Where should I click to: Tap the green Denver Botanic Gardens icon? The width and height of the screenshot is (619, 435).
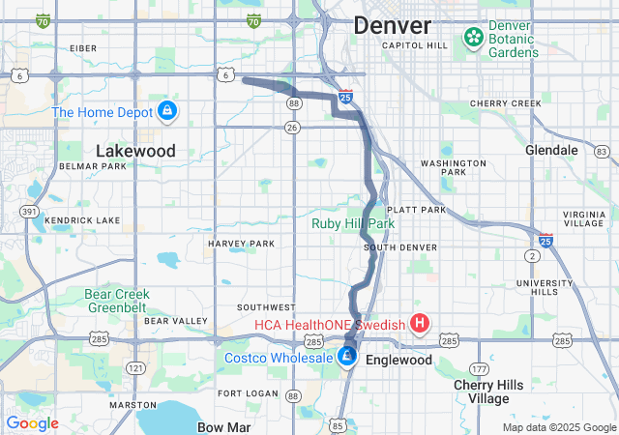[473, 38]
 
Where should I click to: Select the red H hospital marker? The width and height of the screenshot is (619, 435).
[420, 324]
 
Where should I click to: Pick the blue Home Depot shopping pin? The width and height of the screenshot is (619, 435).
[167, 111]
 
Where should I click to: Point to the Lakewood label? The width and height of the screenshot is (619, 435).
[135, 151]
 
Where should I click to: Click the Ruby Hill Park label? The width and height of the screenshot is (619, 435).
[353, 223]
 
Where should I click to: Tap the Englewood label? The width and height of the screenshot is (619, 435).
[399, 360]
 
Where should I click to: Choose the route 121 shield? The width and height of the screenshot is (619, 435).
[136, 368]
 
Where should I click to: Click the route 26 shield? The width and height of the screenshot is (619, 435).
[293, 127]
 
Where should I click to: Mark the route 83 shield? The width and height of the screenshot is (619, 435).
[602, 152]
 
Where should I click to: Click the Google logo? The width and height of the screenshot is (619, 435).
[32, 423]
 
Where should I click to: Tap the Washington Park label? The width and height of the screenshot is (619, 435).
[453, 168]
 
